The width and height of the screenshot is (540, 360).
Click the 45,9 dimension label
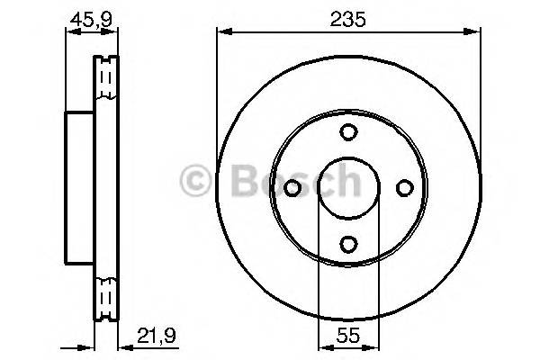click(x=91, y=17)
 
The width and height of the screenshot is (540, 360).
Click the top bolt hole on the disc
click(x=347, y=132)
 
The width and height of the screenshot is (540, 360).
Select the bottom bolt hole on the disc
click(x=347, y=242)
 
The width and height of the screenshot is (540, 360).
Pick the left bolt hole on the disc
click(x=292, y=187)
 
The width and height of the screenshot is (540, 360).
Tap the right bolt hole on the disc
click(x=402, y=187)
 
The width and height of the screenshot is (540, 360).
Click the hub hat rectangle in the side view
click(x=80, y=187)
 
